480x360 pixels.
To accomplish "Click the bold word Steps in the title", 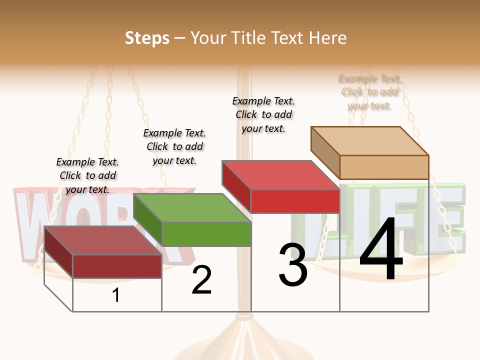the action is click(147, 38).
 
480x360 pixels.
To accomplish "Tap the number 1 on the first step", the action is click(116, 295).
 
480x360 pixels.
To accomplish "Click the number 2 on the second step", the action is click(201, 280).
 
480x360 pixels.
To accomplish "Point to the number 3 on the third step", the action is click(292, 265).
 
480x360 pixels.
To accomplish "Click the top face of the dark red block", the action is click(103, 240).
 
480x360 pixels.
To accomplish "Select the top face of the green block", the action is click(192, 208).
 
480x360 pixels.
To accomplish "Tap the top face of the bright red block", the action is click(281, 175).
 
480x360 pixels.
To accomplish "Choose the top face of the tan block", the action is click(370, 140).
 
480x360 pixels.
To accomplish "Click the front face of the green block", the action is click(206, 234).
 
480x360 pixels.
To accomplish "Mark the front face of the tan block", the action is click(384, 166).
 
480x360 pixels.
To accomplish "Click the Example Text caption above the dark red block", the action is click(87, 175).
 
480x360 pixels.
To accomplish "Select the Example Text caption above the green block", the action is click(174, 146).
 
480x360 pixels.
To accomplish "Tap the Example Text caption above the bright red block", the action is click(263, 114).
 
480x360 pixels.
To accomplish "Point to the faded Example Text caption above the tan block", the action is click(369, 92).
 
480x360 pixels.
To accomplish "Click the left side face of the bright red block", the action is click(236, 186).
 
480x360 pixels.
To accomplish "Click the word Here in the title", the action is click(328, 38).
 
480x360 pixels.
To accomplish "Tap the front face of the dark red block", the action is click(117, 266).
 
